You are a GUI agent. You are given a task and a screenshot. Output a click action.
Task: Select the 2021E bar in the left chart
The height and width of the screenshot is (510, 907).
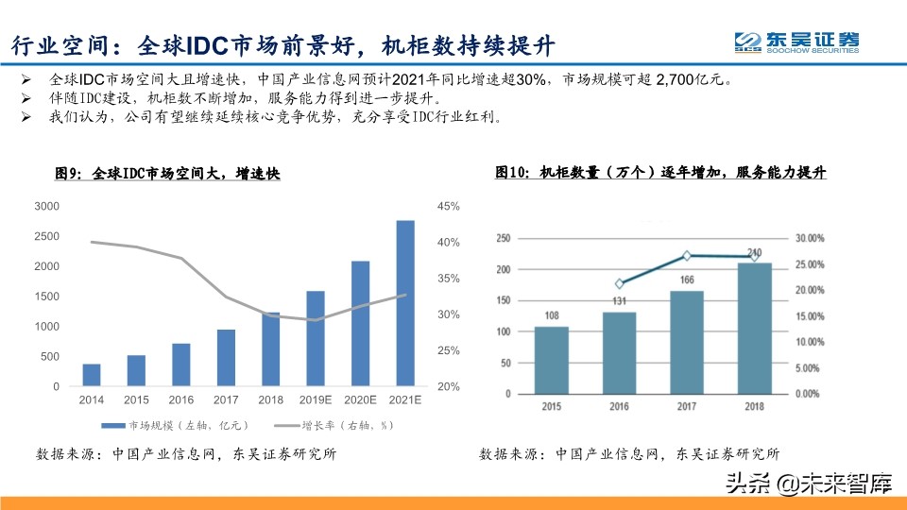coord(404,303)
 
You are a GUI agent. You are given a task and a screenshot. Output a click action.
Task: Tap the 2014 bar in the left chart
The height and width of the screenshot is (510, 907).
coord(92,375)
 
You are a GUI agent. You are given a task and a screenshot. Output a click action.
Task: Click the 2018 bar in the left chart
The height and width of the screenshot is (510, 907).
coord(270,349)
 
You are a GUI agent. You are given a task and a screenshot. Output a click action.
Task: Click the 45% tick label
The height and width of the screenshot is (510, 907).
coord(448,206)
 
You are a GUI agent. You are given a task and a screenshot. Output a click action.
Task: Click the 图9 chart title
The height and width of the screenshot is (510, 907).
coord(167,174)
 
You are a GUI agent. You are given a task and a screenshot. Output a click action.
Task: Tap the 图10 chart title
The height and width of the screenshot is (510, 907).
coord(660,173)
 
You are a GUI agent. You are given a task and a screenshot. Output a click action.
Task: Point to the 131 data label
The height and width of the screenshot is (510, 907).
coord(620,302)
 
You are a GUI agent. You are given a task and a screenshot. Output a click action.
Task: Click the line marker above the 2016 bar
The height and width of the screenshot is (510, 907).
coord(620,283)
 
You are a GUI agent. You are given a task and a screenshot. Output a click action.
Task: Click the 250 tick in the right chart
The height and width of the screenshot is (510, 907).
coord(502,238)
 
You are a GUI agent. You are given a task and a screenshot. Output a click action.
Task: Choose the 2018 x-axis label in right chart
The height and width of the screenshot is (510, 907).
coord(753,406)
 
